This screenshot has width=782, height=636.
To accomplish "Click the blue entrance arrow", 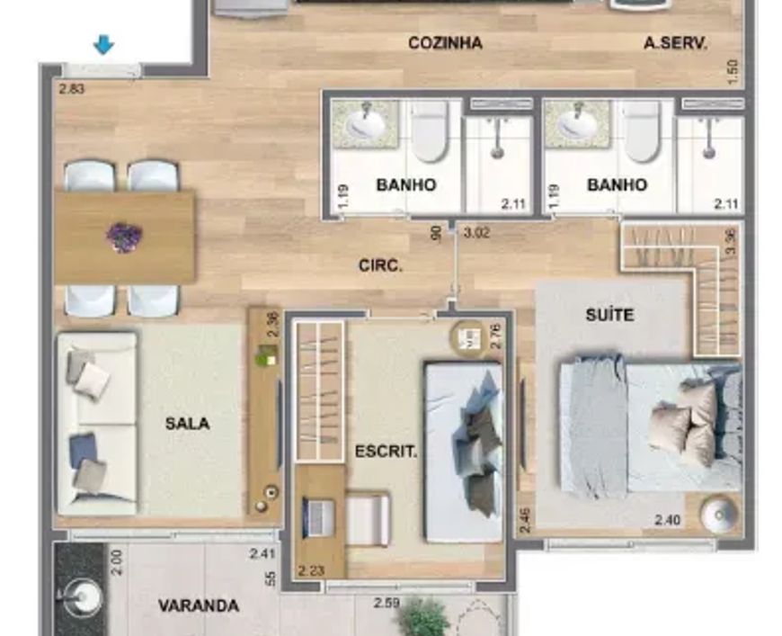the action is pyautogui.click(x=103, y=45).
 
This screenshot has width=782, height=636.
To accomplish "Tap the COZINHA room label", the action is pyautogui.click(x=445, y=43).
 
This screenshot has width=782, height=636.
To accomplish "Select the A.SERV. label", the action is pyautogui.click(x=675, y=43).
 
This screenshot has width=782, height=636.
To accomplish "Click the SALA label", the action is pyautogui.click(x=187, y=424).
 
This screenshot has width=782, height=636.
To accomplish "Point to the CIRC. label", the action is pyautogui.click(x=380, y=265).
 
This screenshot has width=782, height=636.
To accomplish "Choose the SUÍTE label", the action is pyautogui.click(x=609, y=315).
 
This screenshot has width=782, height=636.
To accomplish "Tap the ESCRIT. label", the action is pyautogui.click(x=386, y=452).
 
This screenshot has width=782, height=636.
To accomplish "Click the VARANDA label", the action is pyautogui.click(x=199, y=605).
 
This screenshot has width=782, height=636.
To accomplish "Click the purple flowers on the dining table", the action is pyautogui.click(x=124, y=237).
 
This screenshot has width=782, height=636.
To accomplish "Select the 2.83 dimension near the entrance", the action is pyautogui.click(x=72, y=89).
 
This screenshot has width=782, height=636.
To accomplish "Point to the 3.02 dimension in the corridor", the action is pyautogui.click(x=476, y=233).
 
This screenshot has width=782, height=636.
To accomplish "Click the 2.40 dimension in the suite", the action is pyautogui.click(x=667, y=520).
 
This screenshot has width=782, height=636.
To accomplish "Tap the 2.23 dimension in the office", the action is pyautogui.click(x=311, y=570).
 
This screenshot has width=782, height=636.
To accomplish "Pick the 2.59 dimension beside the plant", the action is pyautogui.click(x=387, y=603).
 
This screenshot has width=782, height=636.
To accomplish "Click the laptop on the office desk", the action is pyautogui.click(x=318, y=517).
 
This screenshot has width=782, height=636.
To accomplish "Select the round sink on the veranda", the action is pyautogui.click(x=83, y=597).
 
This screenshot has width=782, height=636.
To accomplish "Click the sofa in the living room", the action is pyautogui.click(x=97, y=424).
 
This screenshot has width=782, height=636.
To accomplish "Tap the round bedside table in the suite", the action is pyautogui.click(x=719, y=515).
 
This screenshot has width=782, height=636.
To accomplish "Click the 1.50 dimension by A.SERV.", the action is pyautogui.click(x=733, y=72).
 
